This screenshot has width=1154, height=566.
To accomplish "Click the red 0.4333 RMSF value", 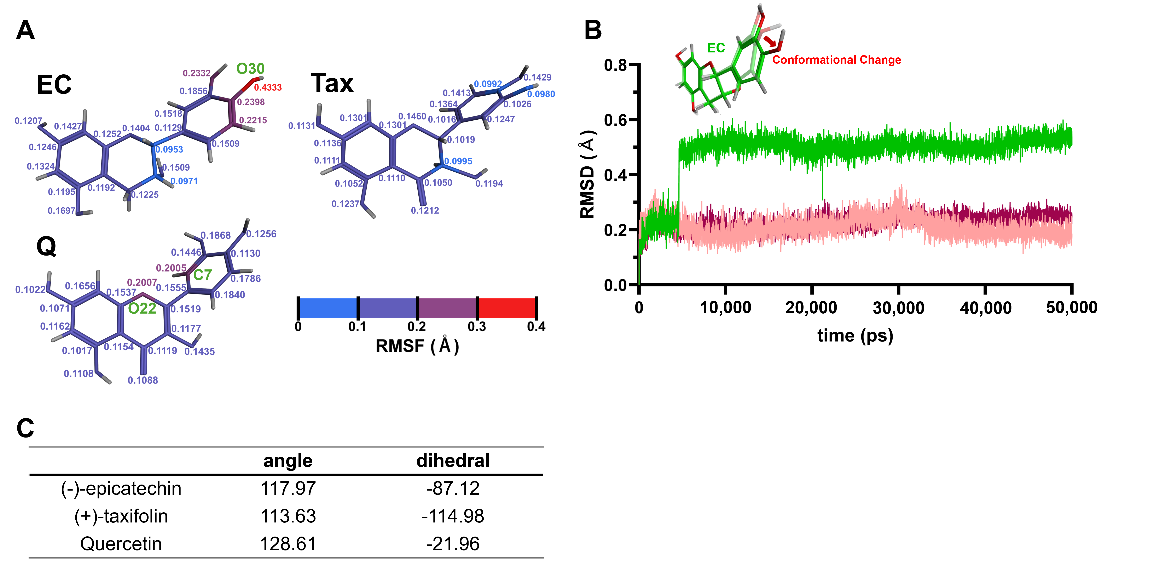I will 268,87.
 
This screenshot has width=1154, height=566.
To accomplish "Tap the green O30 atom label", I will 250,69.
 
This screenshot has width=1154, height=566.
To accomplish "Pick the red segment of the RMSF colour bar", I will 507,308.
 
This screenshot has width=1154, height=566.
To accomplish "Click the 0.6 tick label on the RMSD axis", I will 615,120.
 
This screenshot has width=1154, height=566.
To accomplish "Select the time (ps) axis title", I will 855,335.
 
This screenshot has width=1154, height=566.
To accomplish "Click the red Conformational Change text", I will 836,60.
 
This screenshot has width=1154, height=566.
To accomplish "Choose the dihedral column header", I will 453,461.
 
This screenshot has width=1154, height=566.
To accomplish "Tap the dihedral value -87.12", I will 453,488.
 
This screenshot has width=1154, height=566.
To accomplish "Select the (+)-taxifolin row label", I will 121,516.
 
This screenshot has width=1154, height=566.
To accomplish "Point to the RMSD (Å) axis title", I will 587,175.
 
